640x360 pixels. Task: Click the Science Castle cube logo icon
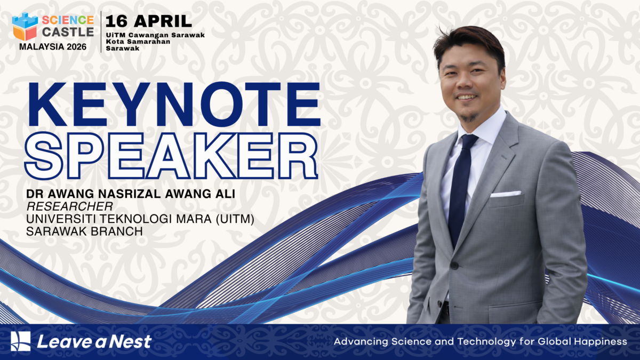pyautogui.click(x=25, y=26)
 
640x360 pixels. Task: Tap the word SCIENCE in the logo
pyautogui.click(x=68, y=20)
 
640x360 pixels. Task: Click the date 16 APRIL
pyautogui.click(x=149, y=21)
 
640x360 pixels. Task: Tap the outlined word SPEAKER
pyautogui.click(x=172, y=154)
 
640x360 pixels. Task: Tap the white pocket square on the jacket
pyautogui.click(x=505, y=194)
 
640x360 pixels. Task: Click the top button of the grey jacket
pyautogui.click(x=454, y=265)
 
